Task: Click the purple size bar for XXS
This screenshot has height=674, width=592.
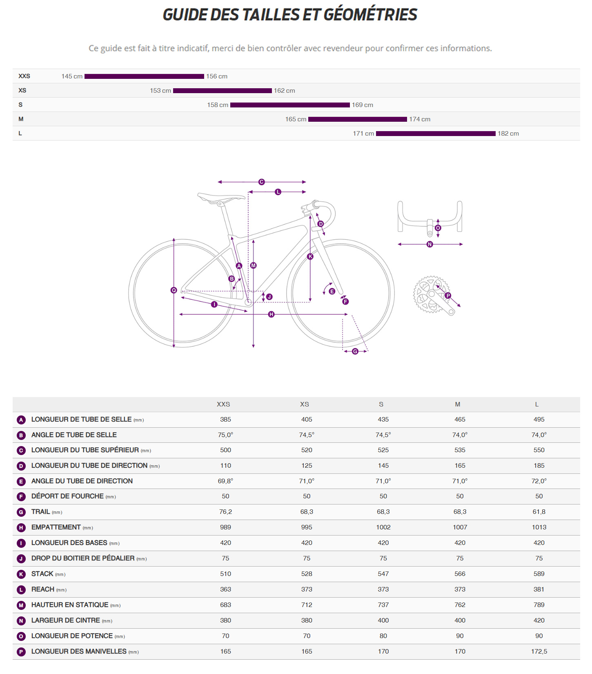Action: (x=144, y=76)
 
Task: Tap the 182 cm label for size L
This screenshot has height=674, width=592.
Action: (x=508, y=134)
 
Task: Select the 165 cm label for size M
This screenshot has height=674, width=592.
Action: (x=296, y=119)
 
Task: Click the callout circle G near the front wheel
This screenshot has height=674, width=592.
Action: (x=355, y=351)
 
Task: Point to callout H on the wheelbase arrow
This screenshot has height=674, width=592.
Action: (x=272, y=314)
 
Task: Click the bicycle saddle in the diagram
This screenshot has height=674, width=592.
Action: (x=221, y=198)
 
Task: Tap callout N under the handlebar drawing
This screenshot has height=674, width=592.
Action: (x=430, y=244)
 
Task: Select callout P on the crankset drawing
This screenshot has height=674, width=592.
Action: (x=448, y=295)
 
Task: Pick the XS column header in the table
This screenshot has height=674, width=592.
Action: (x=305, y=404)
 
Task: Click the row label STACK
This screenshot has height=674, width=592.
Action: (x=42, y=574)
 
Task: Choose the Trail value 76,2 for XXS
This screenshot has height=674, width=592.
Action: (x=225, y=512)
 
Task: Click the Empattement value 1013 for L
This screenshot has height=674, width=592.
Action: (x=539, y=527)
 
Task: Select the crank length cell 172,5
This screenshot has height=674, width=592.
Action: (x=539, y=652)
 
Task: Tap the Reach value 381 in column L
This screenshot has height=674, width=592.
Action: (x=539, y=589)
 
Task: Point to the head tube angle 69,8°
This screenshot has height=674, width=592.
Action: (x=225, y=481)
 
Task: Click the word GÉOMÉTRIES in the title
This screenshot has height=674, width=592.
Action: (x=370, y=15)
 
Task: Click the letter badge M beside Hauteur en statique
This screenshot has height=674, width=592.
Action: (x=21, y=605)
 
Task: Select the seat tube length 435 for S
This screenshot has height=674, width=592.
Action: (x=383, y=420)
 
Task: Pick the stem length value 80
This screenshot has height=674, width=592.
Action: (x=383, y=636)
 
